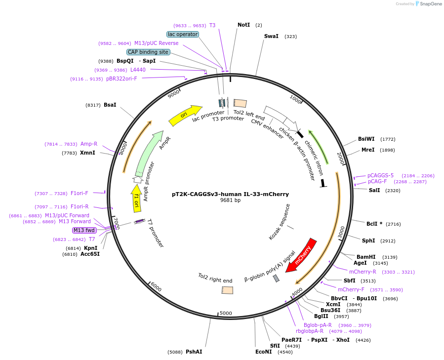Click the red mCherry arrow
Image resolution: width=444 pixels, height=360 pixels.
click(301, 255)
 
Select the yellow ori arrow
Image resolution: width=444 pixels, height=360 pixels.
click(186, 116)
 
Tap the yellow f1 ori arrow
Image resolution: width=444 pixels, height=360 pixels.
click(136, 198)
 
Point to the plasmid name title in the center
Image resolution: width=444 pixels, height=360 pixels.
click(230, 194)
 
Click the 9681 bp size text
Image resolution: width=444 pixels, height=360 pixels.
click(230, 200)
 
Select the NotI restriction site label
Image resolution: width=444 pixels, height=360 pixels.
click(244, 25)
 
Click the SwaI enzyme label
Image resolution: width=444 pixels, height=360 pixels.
click(271, 36)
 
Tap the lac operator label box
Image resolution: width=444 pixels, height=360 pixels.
click(183, 34)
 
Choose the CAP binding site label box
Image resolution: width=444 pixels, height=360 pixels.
click(148, 52)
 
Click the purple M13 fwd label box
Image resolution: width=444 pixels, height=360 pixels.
click(84, 230)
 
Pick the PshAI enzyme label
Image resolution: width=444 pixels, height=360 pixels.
click(194, 352)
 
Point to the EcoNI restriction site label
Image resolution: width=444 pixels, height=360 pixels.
click(263, 352)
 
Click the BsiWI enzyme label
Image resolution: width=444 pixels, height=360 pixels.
click(366, 139)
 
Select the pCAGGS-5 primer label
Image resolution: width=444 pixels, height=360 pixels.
click(380, 176)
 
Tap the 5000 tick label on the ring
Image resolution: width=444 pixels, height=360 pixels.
click(226, 313)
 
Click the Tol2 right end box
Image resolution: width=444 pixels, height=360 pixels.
click(227, 290)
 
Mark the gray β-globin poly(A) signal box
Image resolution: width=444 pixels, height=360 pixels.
click(276, 279)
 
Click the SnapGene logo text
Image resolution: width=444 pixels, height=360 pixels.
click(430, 3)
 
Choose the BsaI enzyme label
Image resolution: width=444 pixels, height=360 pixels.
click(110, 105)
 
